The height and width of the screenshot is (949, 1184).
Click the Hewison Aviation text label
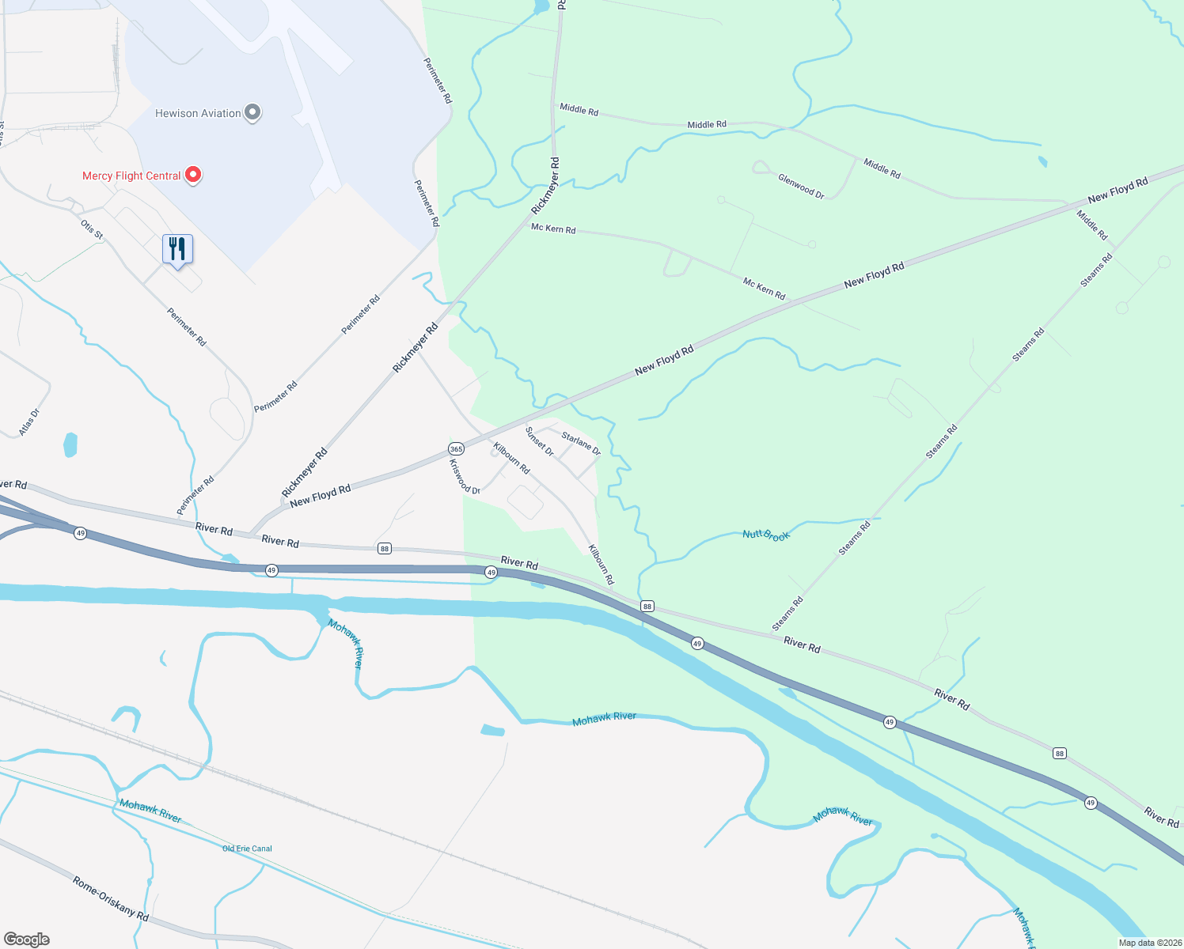coord(198,113)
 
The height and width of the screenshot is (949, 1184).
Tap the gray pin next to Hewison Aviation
coord(252,113)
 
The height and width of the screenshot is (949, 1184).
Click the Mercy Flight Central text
coord(131,176)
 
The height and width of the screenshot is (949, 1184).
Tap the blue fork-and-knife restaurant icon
coord(177,249)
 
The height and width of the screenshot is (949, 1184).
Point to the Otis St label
coord(92,229)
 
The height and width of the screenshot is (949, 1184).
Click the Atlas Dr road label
coord(29,422)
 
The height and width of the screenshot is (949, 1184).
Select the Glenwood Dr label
coord(801,186)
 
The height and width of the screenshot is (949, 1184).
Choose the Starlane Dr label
coord(581,443)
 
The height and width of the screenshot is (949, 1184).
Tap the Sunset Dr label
coord(540,441)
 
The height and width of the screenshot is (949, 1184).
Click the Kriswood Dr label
coord(465,477)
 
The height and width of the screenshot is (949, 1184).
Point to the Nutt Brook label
coord(766,535)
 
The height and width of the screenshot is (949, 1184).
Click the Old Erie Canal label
coord(247,849)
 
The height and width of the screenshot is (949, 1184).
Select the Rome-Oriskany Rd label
coord(111,898)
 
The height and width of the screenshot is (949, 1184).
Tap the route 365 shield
coord(456,448)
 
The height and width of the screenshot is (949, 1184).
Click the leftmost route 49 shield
coord(81,534)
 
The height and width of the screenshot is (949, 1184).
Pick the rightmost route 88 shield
coord(1060,754)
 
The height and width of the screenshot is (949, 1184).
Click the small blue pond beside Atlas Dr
coord(70,444)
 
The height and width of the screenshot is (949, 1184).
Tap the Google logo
coord(27,940)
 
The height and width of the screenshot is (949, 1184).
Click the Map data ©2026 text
coord(1149,943)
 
